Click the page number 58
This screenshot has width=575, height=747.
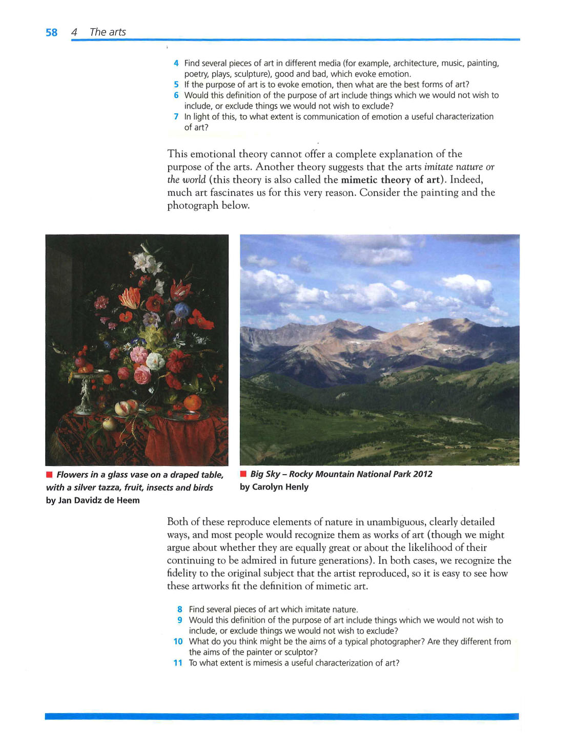[x=51, y=32]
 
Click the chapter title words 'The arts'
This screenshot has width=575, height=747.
[x=108, y=32]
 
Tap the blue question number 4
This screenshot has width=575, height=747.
[x=176, y=63]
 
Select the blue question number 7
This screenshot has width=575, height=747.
[x=176, y=117]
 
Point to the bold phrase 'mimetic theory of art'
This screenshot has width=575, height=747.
[x=391, y=180]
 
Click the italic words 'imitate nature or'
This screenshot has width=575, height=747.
[x=459, y=167]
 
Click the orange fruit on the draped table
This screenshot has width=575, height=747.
[x=192, y=402]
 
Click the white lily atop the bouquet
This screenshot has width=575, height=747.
[x=147, y=262]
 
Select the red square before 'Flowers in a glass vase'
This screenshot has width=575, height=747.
[x=49, y=475]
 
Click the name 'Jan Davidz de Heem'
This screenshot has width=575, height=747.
[x=99, y=500]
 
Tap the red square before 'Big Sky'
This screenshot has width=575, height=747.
[x=243, y=474]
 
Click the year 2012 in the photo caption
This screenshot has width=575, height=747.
[x=423, y=474]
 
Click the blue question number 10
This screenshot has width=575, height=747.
[x=178, y=642]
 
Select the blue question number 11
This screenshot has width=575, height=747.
[x=178, y=663]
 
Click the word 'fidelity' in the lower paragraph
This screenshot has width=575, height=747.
[x=183, y=573]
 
